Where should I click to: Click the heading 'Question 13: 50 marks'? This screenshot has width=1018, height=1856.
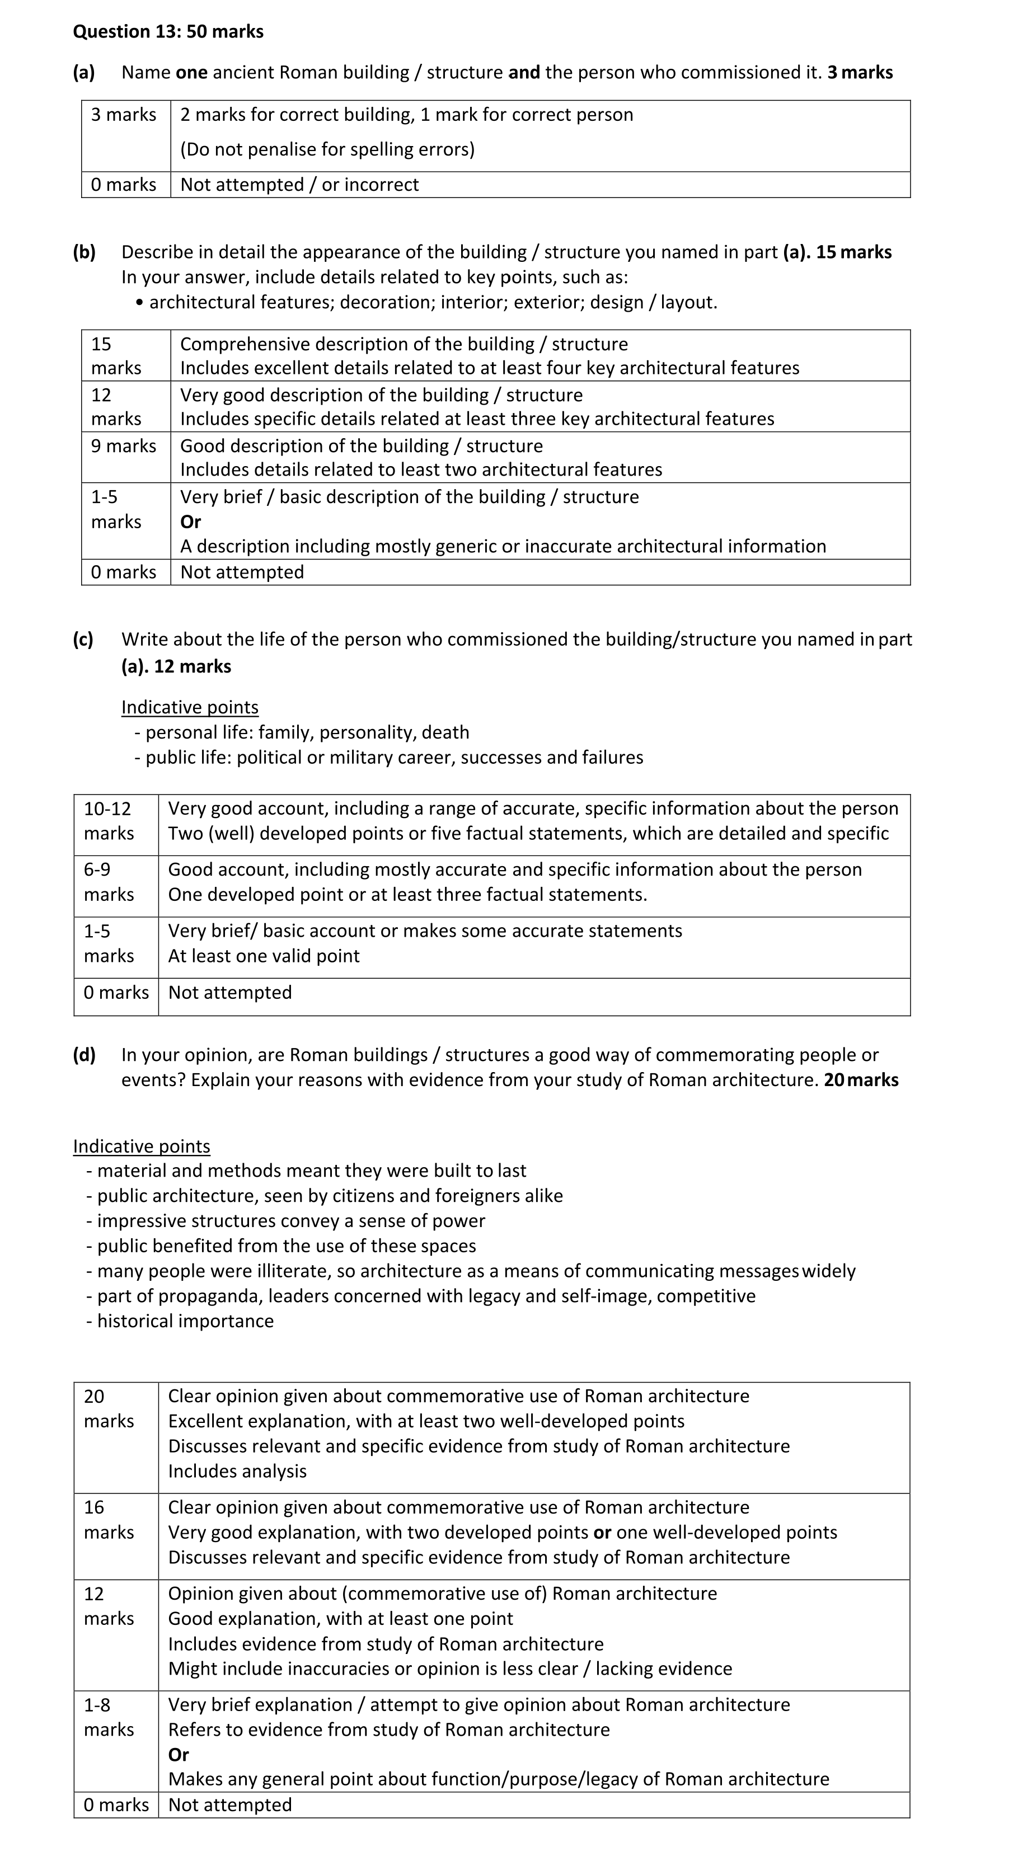[168, 32]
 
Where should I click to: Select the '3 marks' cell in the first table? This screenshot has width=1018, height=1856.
[123, 115]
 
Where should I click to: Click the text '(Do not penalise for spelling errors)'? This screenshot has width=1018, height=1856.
[327, 149]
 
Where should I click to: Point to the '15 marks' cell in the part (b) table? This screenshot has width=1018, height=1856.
[115, 356]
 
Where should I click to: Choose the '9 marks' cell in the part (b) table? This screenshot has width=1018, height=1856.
[123, 446]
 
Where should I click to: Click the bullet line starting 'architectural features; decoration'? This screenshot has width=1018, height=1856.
[432, 302]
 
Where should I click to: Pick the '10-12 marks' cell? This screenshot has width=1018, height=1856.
[108, 821]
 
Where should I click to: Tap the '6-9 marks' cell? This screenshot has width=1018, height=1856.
[108, 882]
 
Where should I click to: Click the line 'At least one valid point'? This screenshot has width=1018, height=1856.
[264, 956]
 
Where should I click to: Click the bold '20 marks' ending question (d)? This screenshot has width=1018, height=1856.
[861, 1080]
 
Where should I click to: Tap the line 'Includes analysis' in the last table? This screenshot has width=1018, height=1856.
[237, 1471]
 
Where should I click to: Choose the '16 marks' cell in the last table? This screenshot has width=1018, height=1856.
[108, 1520]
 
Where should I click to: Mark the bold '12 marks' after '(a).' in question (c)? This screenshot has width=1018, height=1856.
[193, 666]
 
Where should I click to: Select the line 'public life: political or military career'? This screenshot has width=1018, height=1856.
[394, 757]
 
